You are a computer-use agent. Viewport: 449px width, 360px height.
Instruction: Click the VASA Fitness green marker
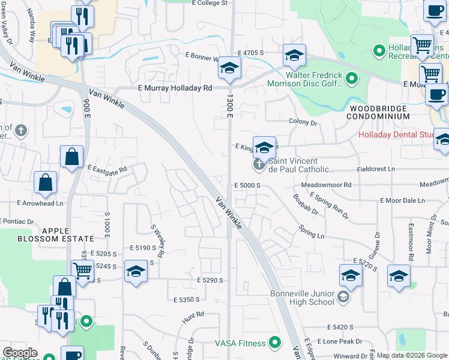[x=276, y=343]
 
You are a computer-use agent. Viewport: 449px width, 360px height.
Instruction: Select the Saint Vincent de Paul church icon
[x=259, y=164]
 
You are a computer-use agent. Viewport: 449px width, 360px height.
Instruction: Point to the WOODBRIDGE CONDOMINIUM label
[x=379, y=112]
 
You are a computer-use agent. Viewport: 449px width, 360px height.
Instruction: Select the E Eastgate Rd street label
[x=107, y=169]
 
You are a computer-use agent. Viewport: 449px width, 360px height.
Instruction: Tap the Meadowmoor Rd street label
[x=326, y=185]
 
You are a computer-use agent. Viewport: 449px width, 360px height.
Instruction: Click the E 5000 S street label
[x=247, y=185]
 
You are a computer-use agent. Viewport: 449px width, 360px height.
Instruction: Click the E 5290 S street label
[x=209, y=280]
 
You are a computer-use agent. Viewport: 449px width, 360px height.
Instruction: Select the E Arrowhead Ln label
[x=43, y=203]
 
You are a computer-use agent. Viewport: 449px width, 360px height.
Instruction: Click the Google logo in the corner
[x=20, y=353]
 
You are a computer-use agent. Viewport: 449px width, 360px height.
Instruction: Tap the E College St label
[x=210, y=3]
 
